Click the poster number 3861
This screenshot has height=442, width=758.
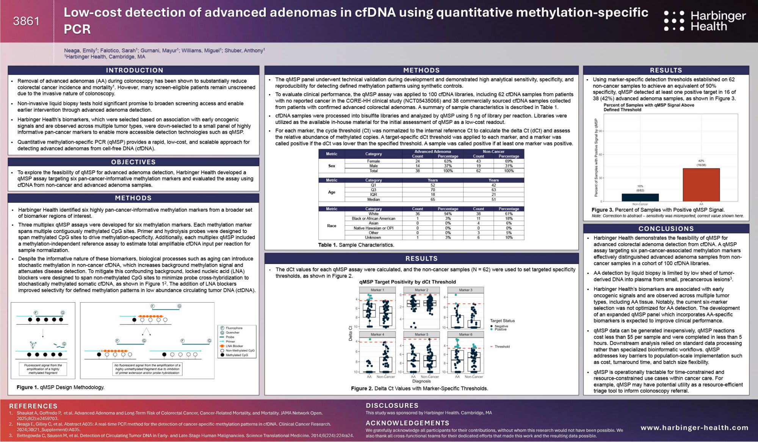pos(26,21)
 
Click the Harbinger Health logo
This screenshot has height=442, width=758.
pos(705,21)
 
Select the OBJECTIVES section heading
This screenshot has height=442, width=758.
pos(133,162)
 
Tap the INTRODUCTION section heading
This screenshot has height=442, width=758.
pos(135,70)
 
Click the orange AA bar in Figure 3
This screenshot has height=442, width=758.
pos(701,185)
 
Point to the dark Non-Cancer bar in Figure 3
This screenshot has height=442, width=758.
pos(640,197)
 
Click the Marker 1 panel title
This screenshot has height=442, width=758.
pos(377,290)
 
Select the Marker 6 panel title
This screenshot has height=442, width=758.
pos(465,334)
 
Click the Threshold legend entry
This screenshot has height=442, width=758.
pos(502,347)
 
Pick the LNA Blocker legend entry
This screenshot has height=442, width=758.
pos(234,346)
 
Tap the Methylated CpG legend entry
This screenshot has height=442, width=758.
pos(236,355)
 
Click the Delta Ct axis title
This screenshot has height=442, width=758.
pos(350,333)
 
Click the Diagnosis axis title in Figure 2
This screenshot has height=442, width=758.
pos(421,381)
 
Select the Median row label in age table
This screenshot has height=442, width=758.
pos(373,200)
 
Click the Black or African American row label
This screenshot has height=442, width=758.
pos(373,219)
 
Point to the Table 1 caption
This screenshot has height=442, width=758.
pos(356,245)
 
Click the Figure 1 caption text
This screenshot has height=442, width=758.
pos(61,387)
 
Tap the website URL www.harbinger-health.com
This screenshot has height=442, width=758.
pos(694,428)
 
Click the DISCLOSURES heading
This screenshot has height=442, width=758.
pos(392,406)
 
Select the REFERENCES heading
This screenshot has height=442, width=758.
pos(33,406)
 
